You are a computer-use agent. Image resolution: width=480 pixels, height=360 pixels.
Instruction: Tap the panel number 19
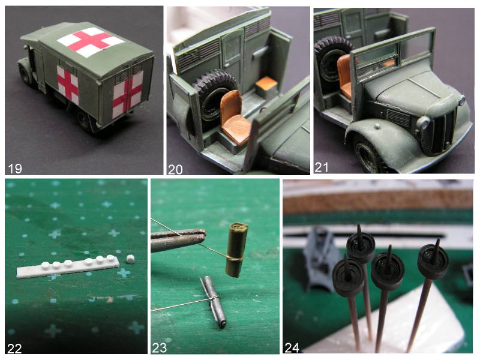(15, 169)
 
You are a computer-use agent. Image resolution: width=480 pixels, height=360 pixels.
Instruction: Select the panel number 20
(175, 169)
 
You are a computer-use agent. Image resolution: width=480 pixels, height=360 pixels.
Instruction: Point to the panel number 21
(322, 167)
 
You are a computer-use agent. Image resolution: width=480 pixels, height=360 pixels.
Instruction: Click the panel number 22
(14, 349)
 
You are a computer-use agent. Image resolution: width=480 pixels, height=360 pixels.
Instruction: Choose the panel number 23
(160, 348)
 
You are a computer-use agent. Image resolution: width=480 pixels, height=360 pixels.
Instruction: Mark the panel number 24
(292, 348)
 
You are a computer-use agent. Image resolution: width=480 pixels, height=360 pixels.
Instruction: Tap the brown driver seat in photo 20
(234, 118)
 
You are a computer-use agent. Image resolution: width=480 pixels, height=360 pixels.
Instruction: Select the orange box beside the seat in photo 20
(266, 86)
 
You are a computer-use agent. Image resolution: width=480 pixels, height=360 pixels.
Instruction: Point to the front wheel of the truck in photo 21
(370, 155)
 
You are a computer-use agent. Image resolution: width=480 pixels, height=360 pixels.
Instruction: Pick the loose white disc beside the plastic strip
(131, 259)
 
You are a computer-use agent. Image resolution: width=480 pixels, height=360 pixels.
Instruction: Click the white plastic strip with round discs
(67, 266)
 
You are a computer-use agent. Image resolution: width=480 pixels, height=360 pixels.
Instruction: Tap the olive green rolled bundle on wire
(236, 250)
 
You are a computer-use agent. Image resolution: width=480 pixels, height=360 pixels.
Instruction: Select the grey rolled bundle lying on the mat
(214, 302)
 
